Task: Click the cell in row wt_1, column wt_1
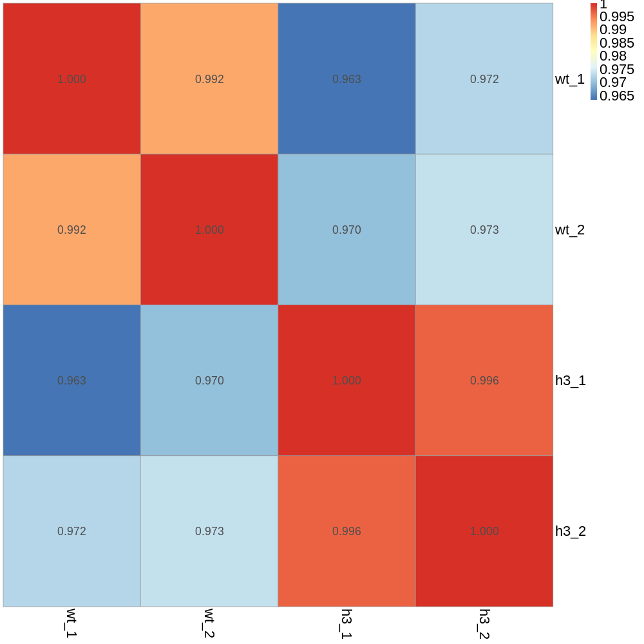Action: [x=71, y=79]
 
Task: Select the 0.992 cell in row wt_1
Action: [x=209, y=79]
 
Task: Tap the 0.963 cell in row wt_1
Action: [x=346, y=79]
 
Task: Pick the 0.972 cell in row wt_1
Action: [x=484, y=79]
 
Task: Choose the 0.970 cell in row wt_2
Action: [x=346, y=229]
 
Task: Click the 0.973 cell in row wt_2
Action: [x=484, y=229]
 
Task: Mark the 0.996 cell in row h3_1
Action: [x=484, y=380]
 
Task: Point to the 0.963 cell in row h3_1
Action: [x=71, y=380]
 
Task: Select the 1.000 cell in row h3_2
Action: [x=484, y=531]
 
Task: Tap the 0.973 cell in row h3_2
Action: [x=209, y=531]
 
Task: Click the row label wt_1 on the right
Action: [x=570, y=79]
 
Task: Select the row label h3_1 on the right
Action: [x=571, y=381]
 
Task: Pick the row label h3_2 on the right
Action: [x=571, y=531]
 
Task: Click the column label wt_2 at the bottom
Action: [x=209, y=623]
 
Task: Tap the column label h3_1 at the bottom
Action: [x=346, y=623]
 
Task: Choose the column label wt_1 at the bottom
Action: [x=71, y=623]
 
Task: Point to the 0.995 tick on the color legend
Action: [x=616, y=17]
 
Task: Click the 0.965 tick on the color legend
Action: [x=616, y=96]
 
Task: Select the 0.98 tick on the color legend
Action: [x=612, y=56]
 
